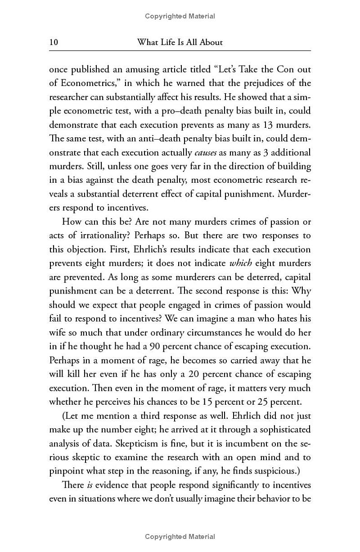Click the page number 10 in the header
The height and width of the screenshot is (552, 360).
(x=54, y=42)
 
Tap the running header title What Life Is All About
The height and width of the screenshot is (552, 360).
(x=180, y=42)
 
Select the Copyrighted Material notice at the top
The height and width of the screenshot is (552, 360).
(x=180, y=16)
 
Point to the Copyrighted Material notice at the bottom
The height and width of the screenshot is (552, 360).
(x=180, y=536)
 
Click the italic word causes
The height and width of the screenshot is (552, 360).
(x=206, y=153)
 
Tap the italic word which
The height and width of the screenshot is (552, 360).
(x=240, y=263)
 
